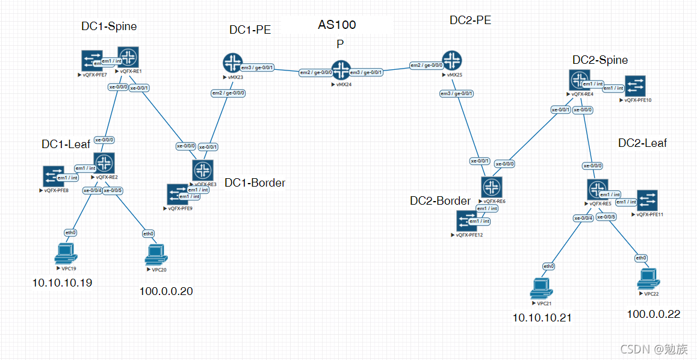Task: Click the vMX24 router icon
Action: (340, 70)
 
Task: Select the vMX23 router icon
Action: (232, 63)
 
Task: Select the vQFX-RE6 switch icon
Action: (492, 186)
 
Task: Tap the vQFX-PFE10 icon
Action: (636, 85)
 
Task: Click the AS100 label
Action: (337, 25)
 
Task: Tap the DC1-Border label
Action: (255, 183)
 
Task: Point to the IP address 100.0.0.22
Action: (654, 314)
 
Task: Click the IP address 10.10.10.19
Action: (62, 282)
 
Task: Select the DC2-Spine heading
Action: (599, 60)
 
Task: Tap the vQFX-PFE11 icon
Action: (648, 200)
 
